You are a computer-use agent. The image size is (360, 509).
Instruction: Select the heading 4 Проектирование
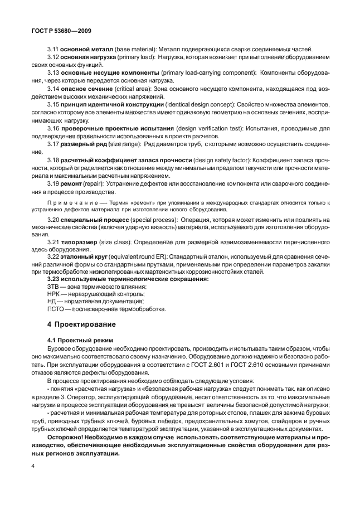[81, 323]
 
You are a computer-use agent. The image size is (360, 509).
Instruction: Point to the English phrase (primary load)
[135, 57]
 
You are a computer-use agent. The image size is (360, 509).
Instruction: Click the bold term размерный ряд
[85, 145]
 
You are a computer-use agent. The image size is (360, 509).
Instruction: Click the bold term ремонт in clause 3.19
[73, 183]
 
